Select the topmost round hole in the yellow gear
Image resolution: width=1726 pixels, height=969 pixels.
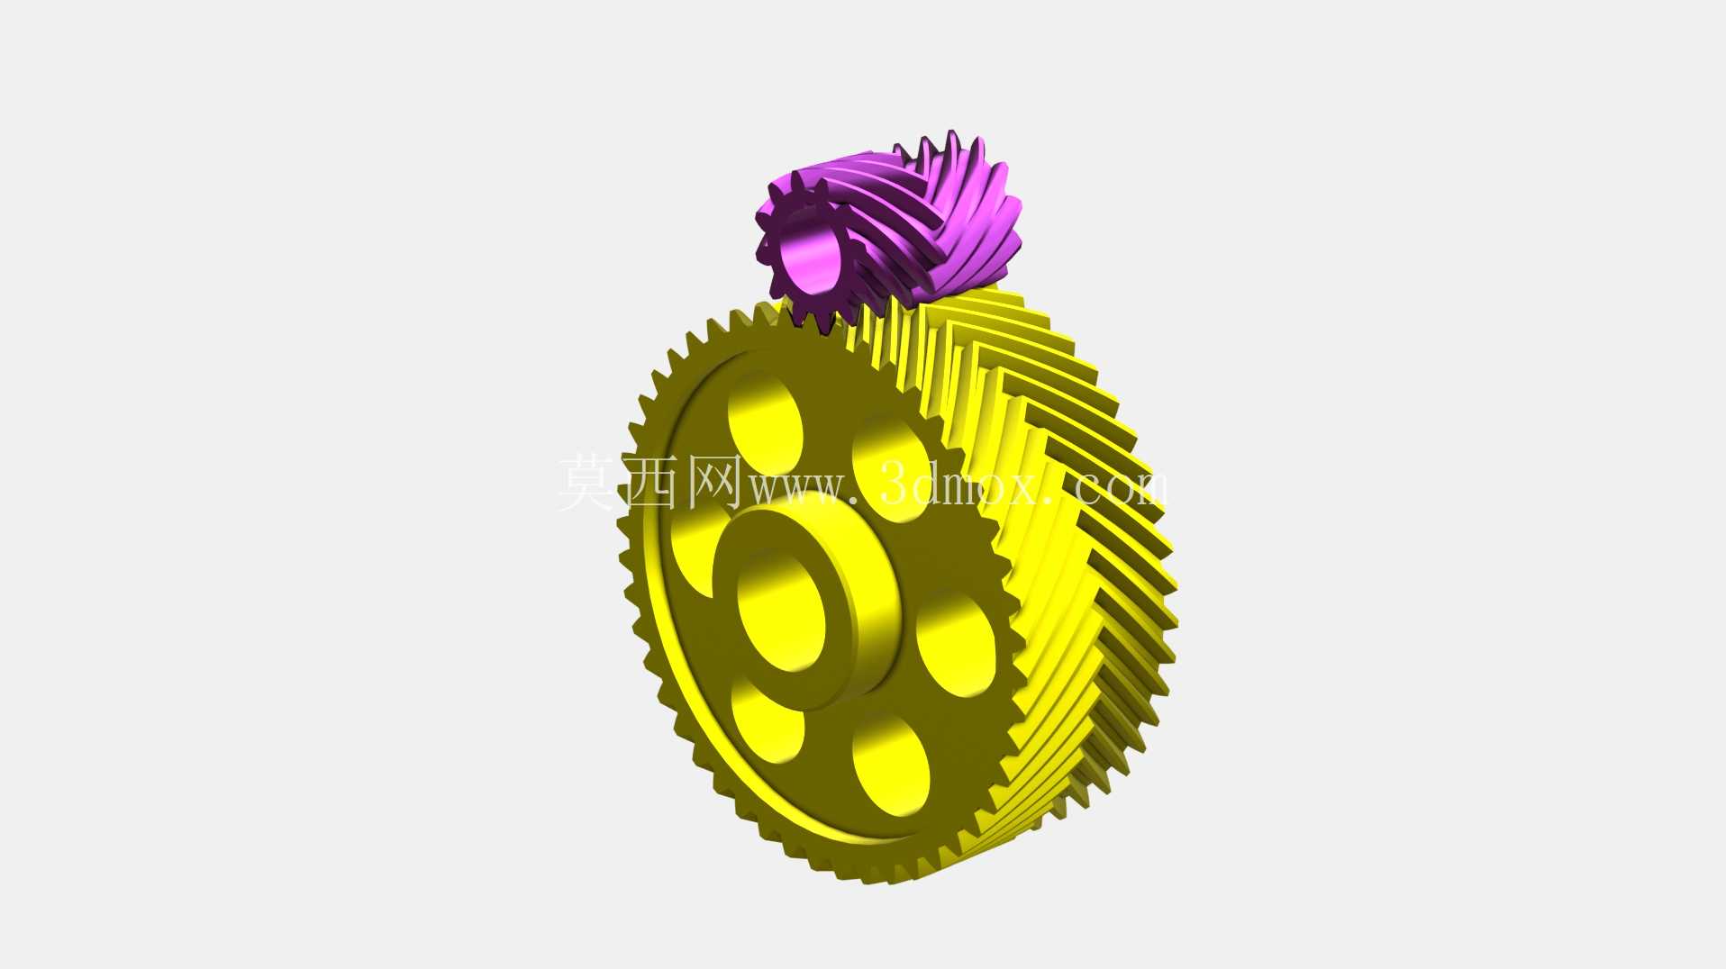tap(765, 421)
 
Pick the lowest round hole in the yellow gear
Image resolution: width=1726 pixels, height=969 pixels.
tap(891, 765)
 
